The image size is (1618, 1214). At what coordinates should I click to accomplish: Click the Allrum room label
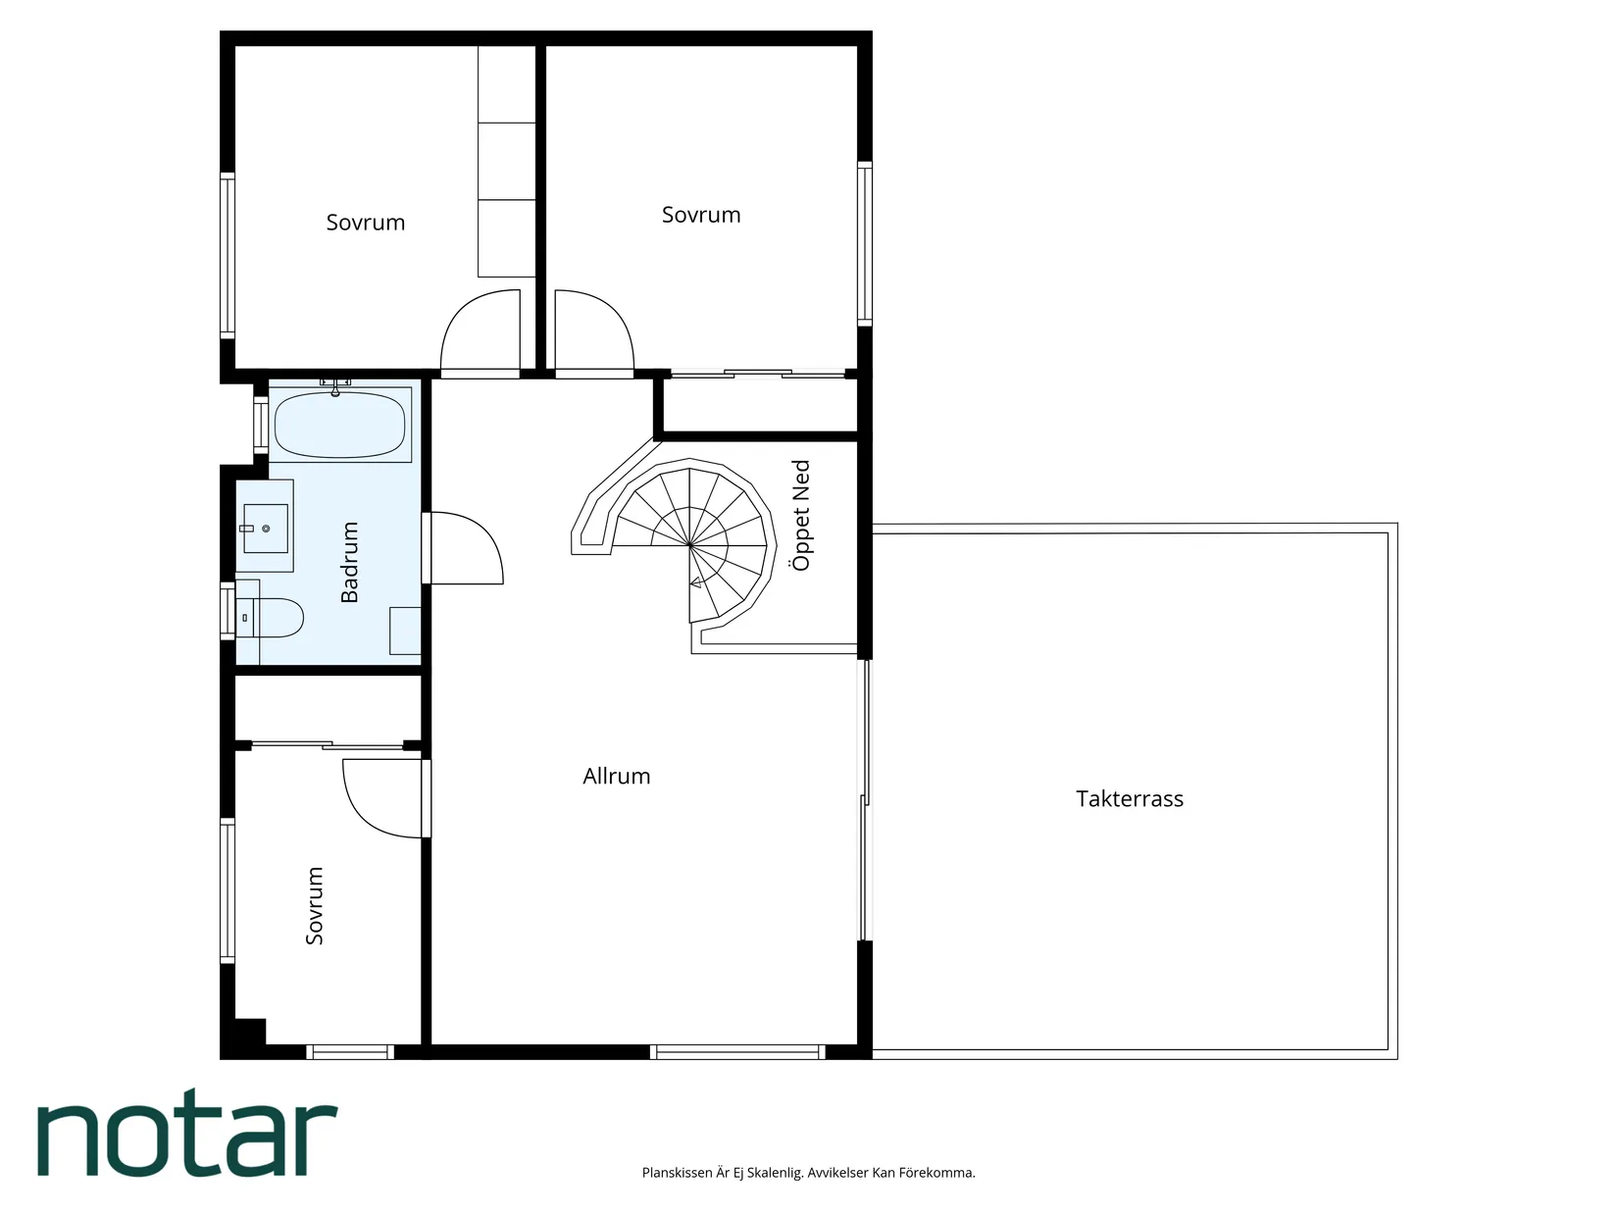click(616, 777)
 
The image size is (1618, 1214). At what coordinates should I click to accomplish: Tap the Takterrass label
click(1130, 799)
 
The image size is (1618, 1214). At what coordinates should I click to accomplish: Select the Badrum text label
click(349, 562)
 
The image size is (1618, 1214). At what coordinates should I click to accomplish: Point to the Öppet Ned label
click(800, 515)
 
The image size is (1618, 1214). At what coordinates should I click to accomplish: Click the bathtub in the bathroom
click(340, 426)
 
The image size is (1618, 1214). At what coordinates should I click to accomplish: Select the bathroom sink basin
click(266, 528)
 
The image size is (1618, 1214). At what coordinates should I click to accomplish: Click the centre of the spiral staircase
click(690, 545)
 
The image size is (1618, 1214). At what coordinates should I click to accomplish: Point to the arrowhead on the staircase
click(695, 583)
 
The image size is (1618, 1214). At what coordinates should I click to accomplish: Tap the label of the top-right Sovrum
click(701, 215)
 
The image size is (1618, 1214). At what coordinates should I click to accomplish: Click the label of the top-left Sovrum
click(366, 222)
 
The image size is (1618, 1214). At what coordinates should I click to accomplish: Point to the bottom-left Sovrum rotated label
click(314, 906)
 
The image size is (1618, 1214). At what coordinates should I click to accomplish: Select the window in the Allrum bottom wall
click(737, 1052)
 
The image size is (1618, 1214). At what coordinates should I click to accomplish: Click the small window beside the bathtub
click(260, 426)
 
